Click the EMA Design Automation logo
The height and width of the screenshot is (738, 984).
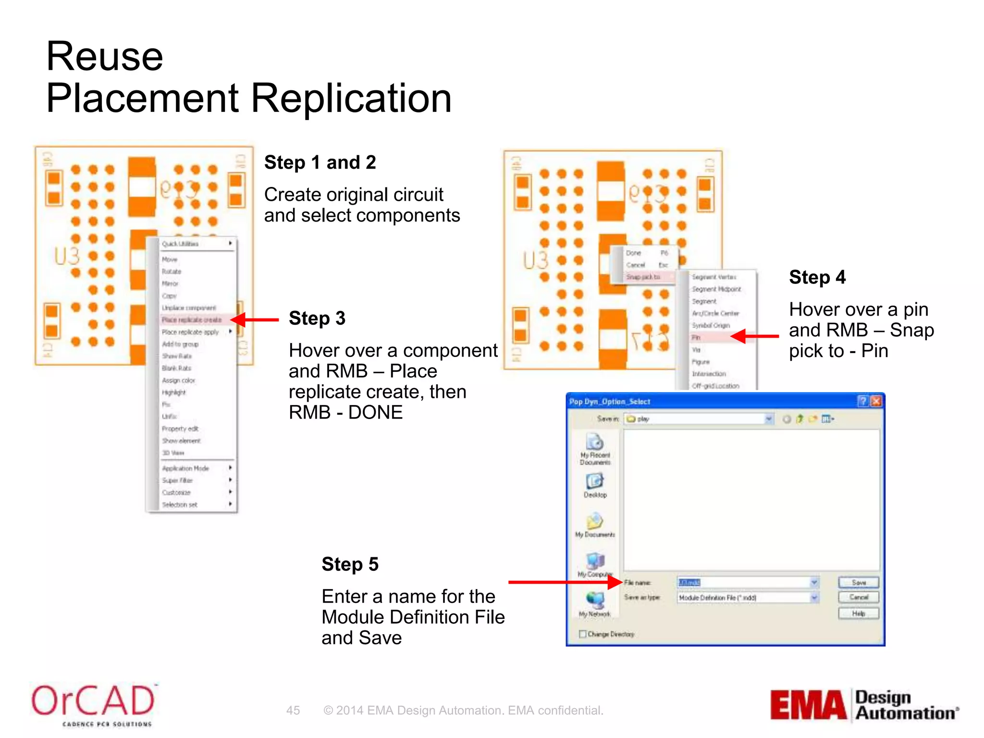click(864, 705)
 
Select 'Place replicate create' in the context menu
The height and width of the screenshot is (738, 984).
click(192, 320)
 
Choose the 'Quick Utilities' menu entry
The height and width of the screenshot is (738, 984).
click(181, 244)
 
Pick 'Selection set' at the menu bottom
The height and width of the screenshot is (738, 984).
click(180, 504)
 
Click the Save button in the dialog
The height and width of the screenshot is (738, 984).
click(858, 582)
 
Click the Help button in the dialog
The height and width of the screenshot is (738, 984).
click(858, 614)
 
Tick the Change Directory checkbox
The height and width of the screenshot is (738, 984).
click(583, 634)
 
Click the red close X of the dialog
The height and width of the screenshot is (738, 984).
click(876, 401)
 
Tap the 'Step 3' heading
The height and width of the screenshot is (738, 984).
click(317, 318)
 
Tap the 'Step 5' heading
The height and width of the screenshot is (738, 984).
click(350, 564)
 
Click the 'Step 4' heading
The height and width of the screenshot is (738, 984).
click(817, 277)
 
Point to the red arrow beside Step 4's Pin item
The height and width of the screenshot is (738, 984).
click(754, 336)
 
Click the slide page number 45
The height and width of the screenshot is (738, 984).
click(293, 710)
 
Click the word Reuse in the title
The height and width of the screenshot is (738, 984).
click(105, 56)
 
